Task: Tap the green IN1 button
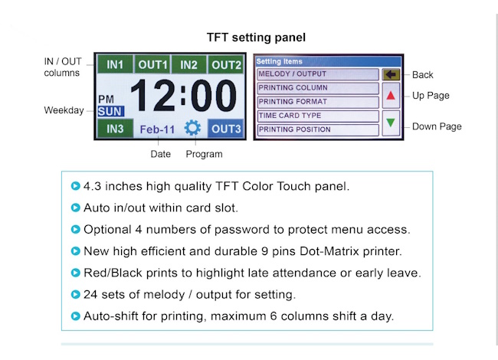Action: tap(115, 64)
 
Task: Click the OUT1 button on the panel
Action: tap(152, 64)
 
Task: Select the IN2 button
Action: tap(188, 64)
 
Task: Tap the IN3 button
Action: tap(115, 129)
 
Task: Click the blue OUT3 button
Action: tap(226, 129)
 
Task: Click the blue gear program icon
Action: tap(192, 128)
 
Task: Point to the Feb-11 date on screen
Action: tap(157, 129)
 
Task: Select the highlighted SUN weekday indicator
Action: tap(110, 111)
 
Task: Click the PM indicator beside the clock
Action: tap(106, 100)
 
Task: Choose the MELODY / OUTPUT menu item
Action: tap(318, 74)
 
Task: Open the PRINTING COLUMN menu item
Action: tap(318, 88)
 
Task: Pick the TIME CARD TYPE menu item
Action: tap(318, 116)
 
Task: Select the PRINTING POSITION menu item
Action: tap(318, 129)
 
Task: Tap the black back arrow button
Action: tap(391, 74)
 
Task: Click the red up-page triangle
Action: tap(391, 95)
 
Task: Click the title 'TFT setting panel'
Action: tap(256, 38)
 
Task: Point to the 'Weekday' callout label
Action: tap(64, 110)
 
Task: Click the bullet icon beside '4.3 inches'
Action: tap(76, 185)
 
